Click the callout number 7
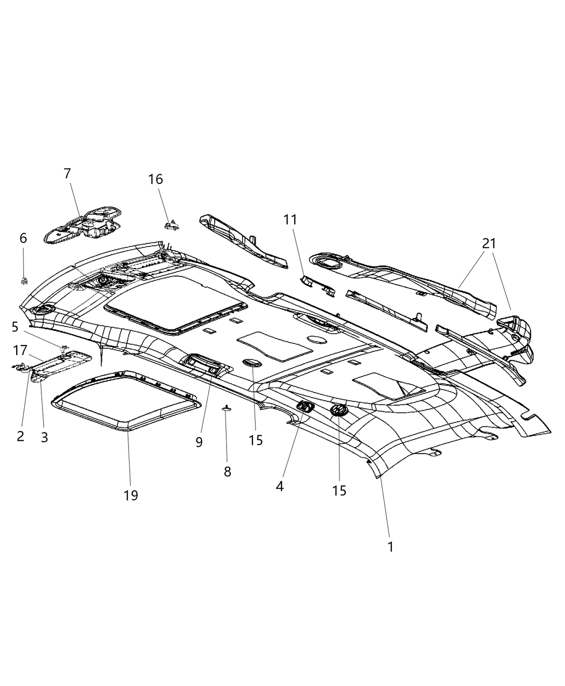pos(67,174)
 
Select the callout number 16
pos(156,179)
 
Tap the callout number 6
pos(23,238)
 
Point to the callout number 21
pos(489,244)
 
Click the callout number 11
pos(291,220)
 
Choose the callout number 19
pos(131,495)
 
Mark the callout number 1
pos(390,547)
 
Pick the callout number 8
pos(227,472)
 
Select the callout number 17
pos(20,350)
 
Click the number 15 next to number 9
pos(256,440)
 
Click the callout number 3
pos(44,437)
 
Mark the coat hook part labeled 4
pos(305,407)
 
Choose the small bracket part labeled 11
pos(317,285)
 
